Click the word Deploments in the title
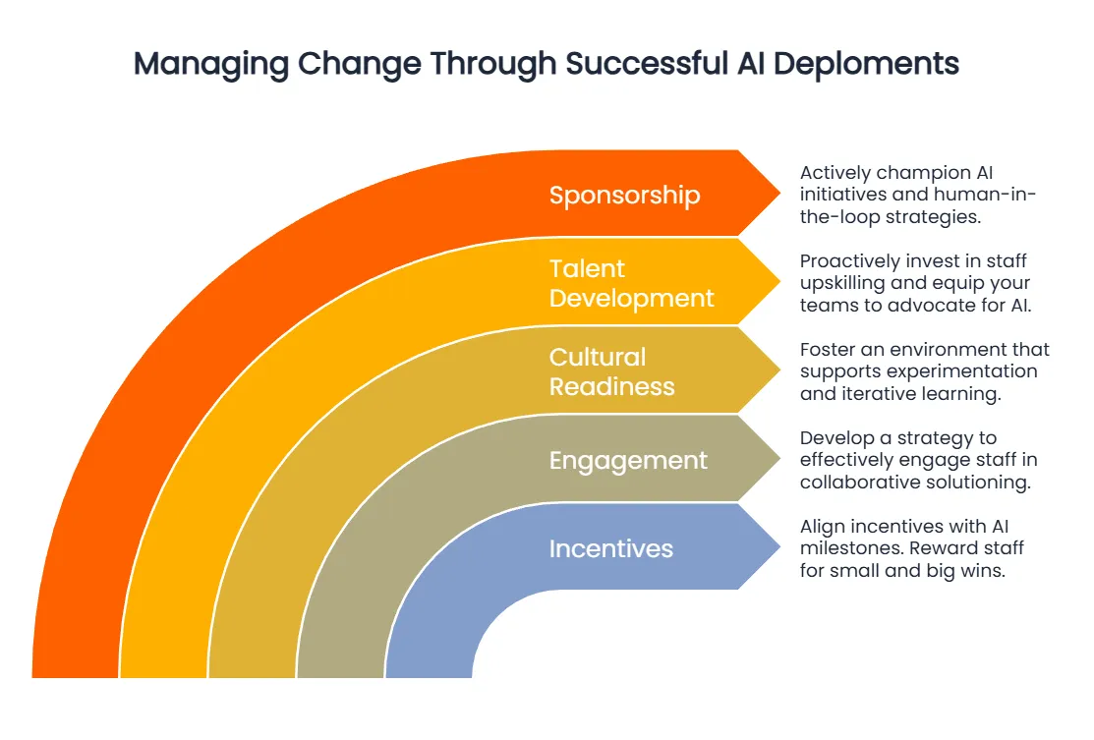(x=866, y=64)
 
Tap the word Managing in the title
(x=210, y=64)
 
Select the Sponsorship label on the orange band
(x=624, y=196)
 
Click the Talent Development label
(x=631, y=284)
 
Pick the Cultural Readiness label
(x=612, y=371)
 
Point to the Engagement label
(x=628, y=462)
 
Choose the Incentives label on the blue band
(x=611, y=549)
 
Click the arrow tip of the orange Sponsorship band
(x=779, y=194)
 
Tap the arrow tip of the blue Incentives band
(x=779, y=546)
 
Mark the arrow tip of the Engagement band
(x=779, y=458)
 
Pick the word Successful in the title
(x=646, y=64)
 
